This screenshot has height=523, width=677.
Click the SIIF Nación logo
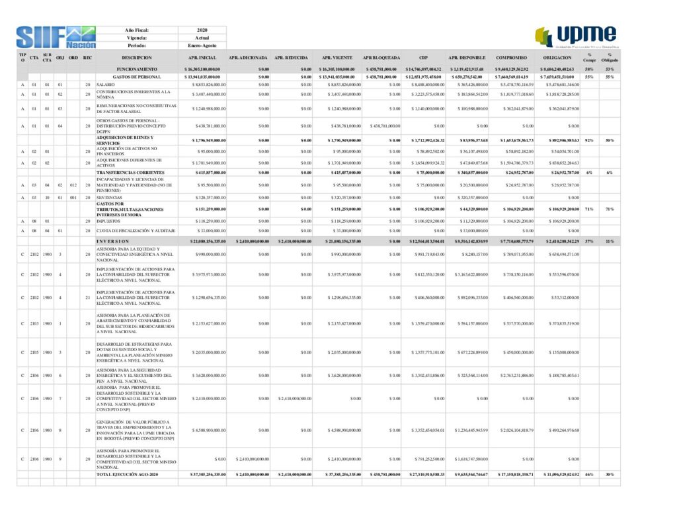coord(56,37)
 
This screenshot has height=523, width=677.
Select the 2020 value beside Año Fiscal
coord(202,30)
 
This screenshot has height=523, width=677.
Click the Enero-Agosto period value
coord(202,46)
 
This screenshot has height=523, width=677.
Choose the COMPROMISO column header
coord(510,58)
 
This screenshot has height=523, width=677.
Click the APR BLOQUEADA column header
coord(381,58)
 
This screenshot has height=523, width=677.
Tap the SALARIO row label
coord(105,85)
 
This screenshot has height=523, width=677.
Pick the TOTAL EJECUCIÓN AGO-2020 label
coord(127,475)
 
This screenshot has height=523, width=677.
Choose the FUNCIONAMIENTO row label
coord(137,69)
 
